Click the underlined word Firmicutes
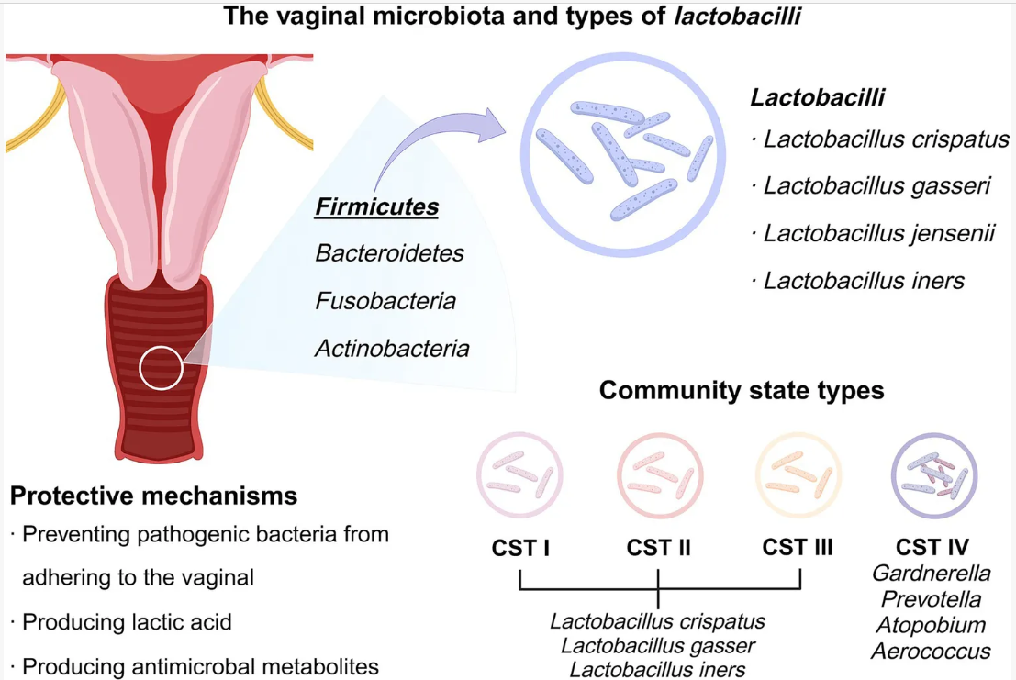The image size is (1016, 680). [376, 207]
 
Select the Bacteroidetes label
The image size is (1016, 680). [389, 252]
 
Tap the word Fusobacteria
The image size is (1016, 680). [385, 300]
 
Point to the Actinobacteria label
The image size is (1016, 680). [392, 349]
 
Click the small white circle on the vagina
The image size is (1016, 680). [161, 367]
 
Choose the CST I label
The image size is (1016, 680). [519, 548]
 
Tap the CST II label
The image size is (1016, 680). [658, 548]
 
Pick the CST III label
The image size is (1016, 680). [798, 548]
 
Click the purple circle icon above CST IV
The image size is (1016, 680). [934, 474]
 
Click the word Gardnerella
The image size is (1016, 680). [931, 574]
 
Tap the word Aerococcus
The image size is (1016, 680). [931, 651]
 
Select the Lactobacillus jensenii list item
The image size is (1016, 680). [878, 233]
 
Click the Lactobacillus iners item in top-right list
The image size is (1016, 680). [865, 280]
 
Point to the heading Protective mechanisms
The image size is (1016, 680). [154, 496]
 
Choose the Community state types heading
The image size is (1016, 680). [742, 391]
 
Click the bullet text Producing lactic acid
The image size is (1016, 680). [127, 621]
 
